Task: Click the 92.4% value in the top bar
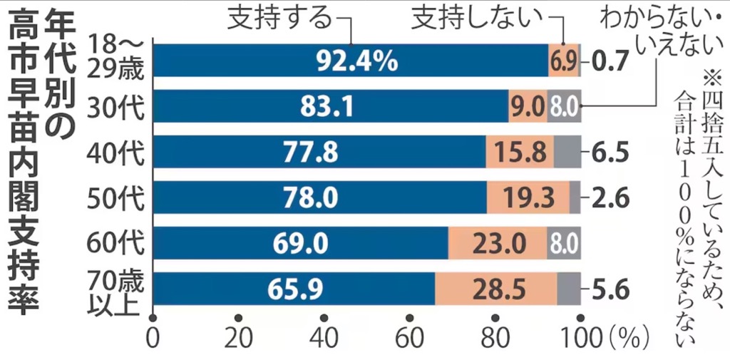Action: coord(356,61)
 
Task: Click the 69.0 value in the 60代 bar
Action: coord(299,244)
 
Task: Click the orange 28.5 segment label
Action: coord(496,289)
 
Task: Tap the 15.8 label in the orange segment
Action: coord(520,153)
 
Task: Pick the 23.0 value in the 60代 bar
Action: coord(497,244)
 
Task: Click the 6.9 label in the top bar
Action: coord(562,62)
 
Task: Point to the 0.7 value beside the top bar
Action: coord(610,61)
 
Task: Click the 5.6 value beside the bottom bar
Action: coord(610,289)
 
